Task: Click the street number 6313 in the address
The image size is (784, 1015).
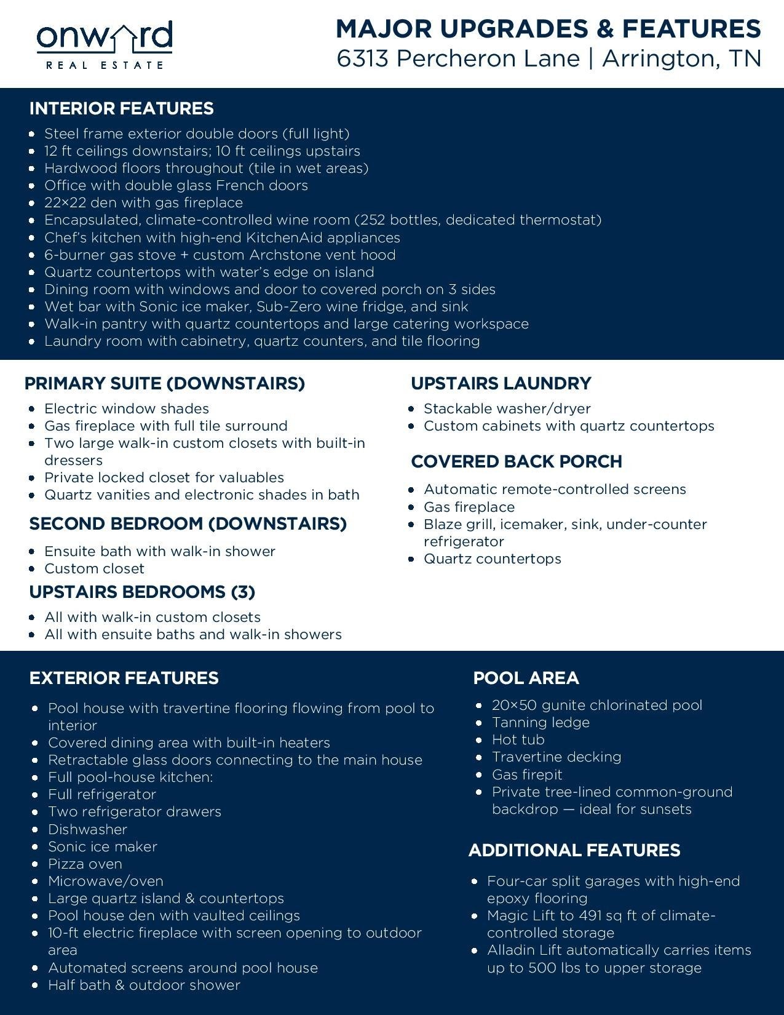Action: (362, 58)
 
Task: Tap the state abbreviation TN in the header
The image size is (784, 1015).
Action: (745, 58)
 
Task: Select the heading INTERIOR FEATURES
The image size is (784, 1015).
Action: (121, 108)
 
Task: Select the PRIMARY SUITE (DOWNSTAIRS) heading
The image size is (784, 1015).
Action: (164, 383)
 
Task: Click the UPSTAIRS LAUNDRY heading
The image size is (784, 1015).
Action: (501, 383)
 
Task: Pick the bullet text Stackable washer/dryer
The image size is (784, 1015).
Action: (507, 408)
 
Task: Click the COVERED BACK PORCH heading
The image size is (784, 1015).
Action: (517, 461)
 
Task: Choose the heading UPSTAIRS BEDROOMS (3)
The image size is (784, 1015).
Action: (142, 592)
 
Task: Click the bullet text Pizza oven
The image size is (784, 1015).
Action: (85, 864)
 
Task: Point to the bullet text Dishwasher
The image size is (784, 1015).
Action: (87, 829)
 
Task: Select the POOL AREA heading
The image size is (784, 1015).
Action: (526, 678)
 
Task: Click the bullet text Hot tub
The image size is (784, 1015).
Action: (518, 739)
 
